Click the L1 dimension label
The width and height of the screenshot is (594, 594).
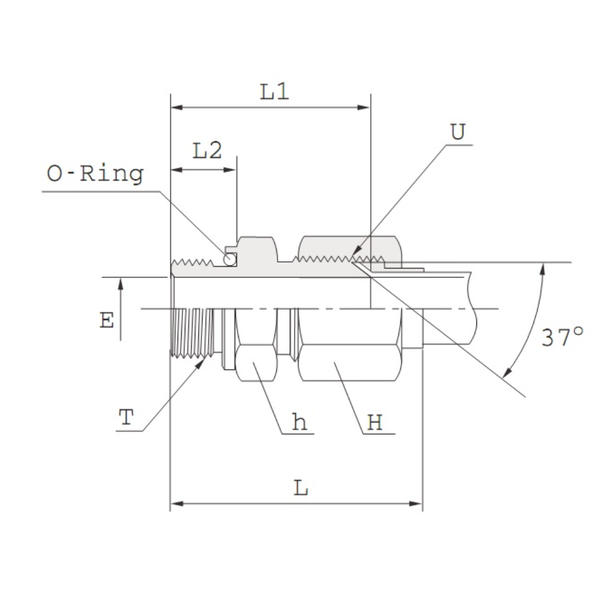point(274,91)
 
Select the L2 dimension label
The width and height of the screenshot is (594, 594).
point(207,150)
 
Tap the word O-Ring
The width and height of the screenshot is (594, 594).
point(95,174)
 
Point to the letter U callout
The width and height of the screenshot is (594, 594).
point(457,132)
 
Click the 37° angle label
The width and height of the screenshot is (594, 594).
point(562,337)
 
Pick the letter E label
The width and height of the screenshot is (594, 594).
point(106,320)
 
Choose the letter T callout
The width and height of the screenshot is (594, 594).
point(126,417)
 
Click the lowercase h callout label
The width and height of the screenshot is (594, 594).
point(299,422)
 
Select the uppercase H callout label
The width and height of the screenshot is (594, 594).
point(375,422)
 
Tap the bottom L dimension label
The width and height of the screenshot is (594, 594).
point(301,488)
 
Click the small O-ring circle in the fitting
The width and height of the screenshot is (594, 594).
point(229,260)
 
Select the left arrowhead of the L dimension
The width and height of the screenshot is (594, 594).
point(177,504)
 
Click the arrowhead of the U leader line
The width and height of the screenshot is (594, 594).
point(356,251)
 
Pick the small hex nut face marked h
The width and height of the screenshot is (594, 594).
point(256,362)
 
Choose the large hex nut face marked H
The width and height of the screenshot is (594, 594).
point(350,362)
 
